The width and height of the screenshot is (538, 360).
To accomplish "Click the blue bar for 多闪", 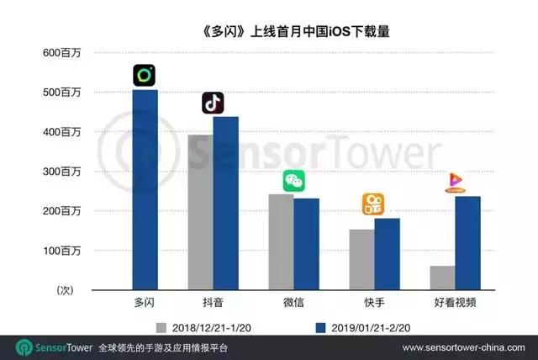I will pyautogui.click(x=145, y=190).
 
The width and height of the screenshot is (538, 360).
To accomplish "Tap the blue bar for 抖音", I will pyautogui.click(x=225, y=203).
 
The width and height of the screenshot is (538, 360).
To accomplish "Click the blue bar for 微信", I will pyautogui.click(x=306, y=244).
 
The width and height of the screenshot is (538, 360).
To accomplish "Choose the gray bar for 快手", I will pyautogui.click(x=361, y=259).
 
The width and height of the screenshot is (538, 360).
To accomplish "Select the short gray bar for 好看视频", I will pyautogui.click(x=442, y=278).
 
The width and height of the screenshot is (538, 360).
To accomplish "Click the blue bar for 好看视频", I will pyautogui.click(x=467, y=243).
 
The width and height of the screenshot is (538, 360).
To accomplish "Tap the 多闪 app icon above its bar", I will pyautogui.click(x=145, y=76).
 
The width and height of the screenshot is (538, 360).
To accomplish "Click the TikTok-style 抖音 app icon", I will pyautogui.click(x=213, y=103).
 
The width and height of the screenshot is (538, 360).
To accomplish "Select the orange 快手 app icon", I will pyautogui.click(x=374, y=204).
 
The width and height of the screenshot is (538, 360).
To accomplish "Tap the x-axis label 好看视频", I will pyautogui.click(x=455, y=301).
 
